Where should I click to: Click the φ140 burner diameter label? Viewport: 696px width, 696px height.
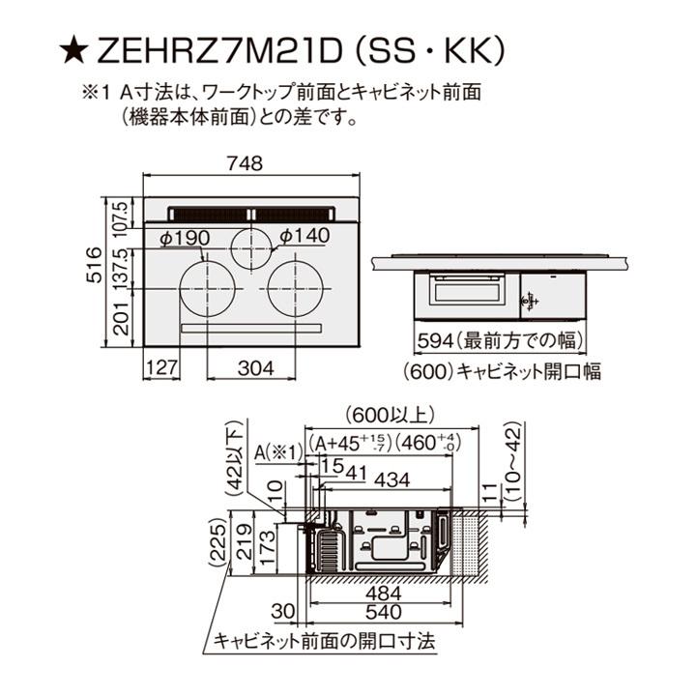(304, 235)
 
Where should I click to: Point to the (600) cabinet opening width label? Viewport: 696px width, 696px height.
(501, 371)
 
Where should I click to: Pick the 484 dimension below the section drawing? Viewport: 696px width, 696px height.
(382, 593)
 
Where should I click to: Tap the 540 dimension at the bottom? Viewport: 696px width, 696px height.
(382, 611)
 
